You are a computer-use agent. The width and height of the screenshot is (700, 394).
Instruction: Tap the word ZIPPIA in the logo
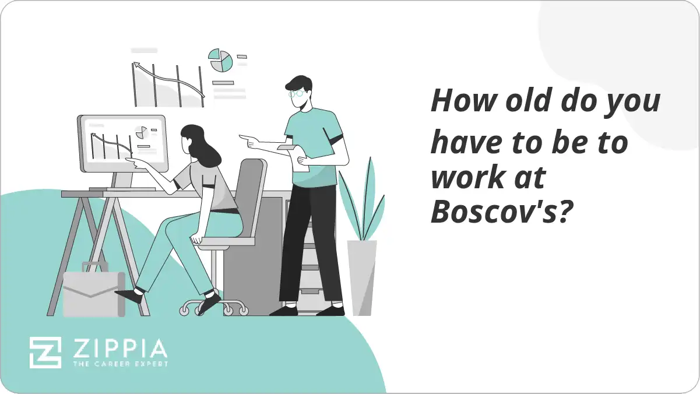(119, 349)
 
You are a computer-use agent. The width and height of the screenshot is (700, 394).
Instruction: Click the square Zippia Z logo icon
(45, 352)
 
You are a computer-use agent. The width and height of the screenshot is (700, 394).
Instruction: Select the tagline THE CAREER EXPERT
(119, 364)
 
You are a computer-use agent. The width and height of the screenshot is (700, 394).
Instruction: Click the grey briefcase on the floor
(93, 294)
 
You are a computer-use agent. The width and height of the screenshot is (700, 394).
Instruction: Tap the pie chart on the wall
(221, 60)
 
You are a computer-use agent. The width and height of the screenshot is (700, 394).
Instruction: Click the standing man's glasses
(297, 93)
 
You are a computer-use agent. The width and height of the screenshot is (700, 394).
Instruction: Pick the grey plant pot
(362, 277)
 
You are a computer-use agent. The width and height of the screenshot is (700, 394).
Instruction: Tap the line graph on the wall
(168, 82)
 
